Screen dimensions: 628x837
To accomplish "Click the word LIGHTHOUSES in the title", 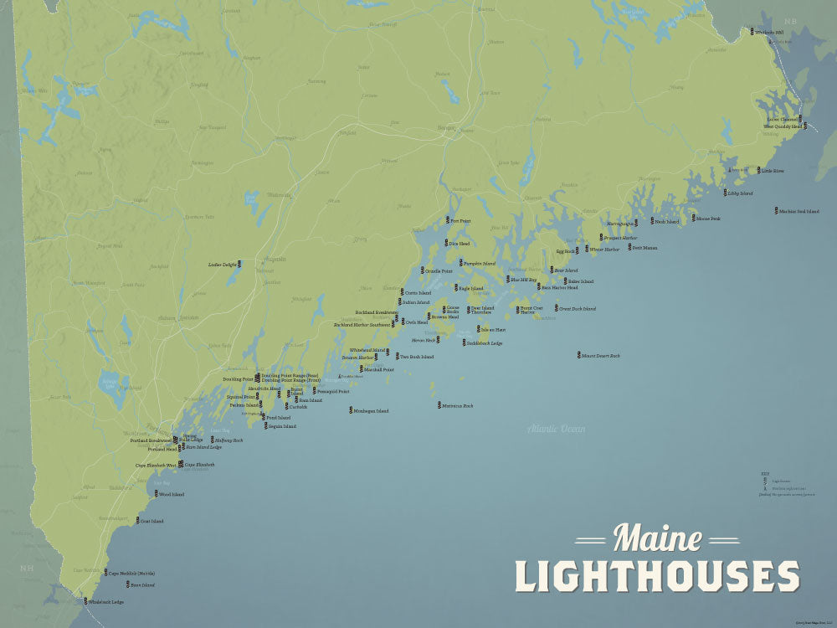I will tap(656, 576).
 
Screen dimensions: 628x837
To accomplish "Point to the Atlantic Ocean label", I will tap(557, 430).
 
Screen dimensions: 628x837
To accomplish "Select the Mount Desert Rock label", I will tap(602, 356).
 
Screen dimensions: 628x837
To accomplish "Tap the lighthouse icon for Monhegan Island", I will tap(351, 411).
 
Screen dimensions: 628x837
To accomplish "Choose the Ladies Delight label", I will tap(222, 265).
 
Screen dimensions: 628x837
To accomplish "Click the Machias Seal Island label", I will tap(798, 211).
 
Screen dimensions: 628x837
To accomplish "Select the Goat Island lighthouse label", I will tap(151, 522).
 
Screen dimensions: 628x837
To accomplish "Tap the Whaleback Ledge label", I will tap(107, 602).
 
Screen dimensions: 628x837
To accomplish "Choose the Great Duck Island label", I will tap(578, 309).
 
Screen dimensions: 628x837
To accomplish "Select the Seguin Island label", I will tap(281, 426).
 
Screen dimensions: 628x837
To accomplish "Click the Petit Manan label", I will tap(644, 248).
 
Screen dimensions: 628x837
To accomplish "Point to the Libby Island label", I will tap(740, 193).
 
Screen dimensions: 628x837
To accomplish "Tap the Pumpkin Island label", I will tap(480, 263).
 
